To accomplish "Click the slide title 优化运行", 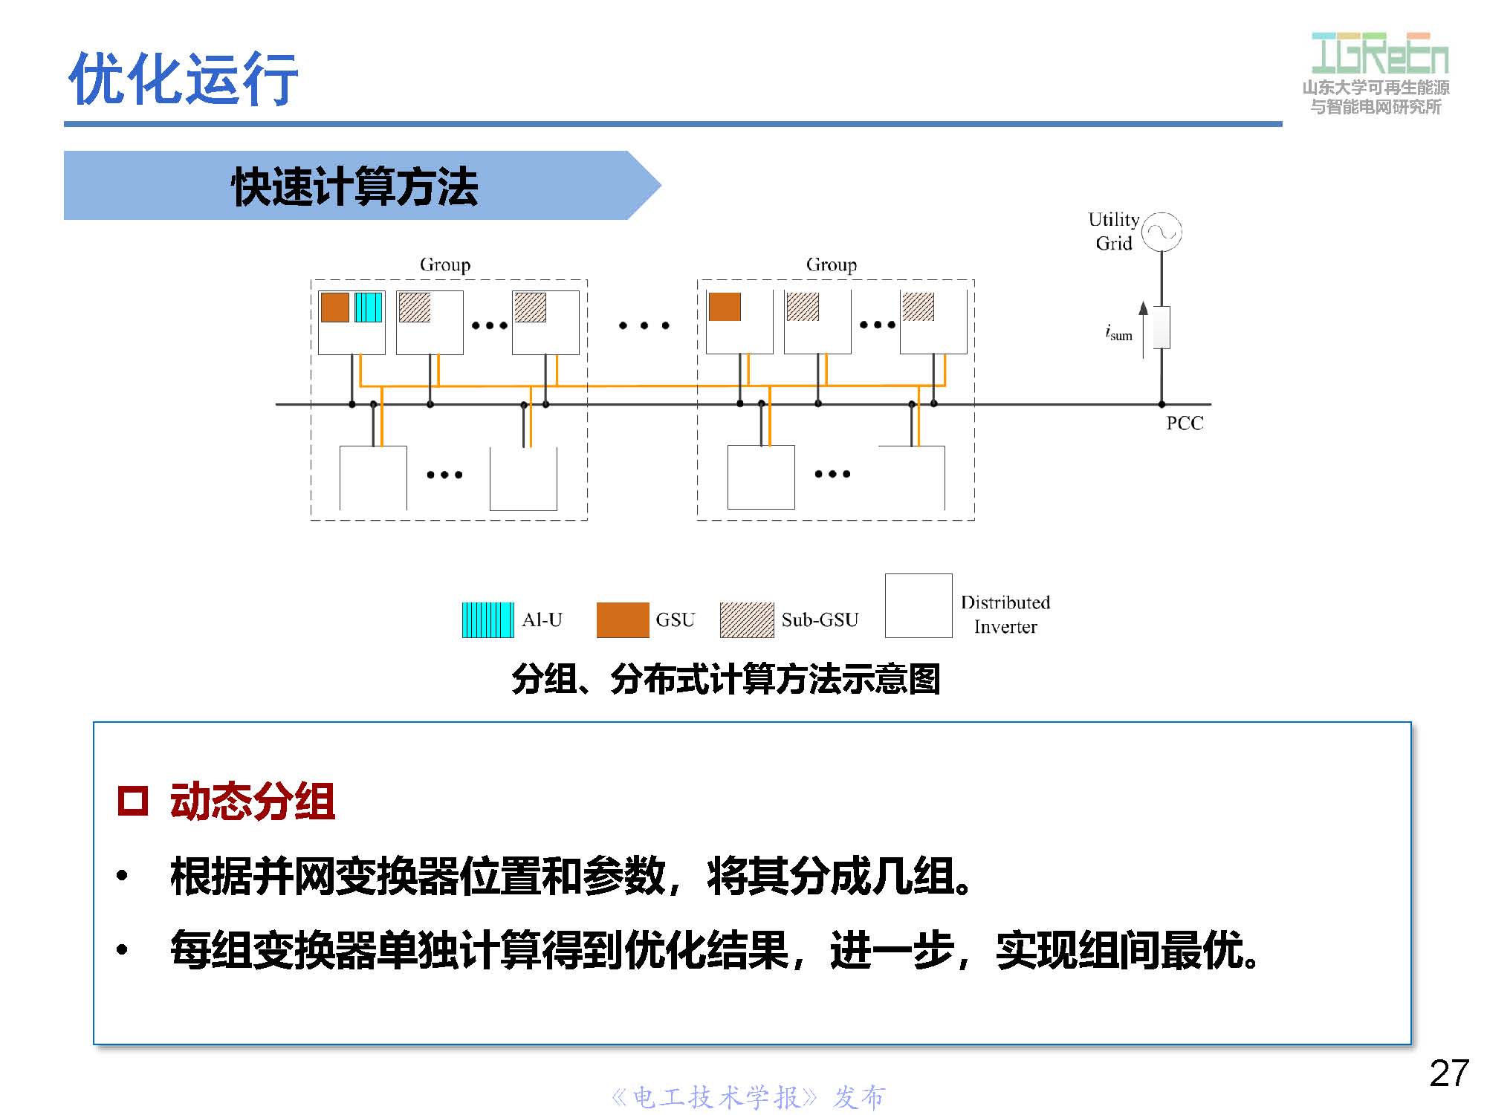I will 183,78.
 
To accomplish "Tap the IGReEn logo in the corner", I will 1379,53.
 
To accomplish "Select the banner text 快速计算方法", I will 354,186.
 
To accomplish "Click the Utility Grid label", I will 1113,231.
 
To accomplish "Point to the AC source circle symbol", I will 1162,232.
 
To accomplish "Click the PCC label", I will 1184,423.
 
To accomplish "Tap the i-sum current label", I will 1118,332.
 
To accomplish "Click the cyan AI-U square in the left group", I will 368,307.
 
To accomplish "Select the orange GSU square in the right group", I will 725,306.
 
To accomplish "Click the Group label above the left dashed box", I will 444,264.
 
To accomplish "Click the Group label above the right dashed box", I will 831,264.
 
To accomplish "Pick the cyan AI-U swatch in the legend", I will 487,620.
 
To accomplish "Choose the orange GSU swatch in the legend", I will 622,620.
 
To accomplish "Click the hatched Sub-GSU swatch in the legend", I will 746,620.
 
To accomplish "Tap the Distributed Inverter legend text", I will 1005,614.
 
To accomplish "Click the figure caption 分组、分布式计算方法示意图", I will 725,679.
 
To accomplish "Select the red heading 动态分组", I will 252,801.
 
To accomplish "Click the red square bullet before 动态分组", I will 133,801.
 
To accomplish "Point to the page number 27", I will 1448,1073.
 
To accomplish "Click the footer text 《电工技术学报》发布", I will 748,1097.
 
